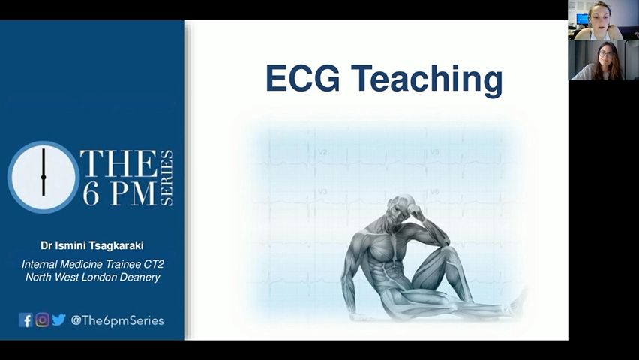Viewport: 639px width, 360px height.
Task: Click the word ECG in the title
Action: pyautogui.click(x=302, y=78)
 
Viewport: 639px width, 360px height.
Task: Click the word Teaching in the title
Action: pyautogui.click(x=427, y=80)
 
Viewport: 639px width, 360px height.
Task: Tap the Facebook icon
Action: pyautogui.click(x=25, y=320)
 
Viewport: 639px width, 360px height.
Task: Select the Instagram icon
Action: pyautogui.click(x=42, y=320)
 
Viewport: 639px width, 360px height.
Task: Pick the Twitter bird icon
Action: pyautogui.click(x=58, y=319)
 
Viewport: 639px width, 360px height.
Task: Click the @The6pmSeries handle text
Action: pyautogui.click(x=117, y=320)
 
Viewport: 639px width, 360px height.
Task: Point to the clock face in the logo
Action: pyautogui.click(x=43, y=177)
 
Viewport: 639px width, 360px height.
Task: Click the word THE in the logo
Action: pyautogui.click(x=118, y=164)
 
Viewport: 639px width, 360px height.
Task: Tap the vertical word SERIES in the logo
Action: pyautogui.click(x=167, y=178)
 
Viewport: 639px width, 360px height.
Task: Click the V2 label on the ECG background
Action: pyautogui.click(x=322, y=152)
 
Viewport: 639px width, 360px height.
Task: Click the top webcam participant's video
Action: pyautogui.click(x=604, y=20)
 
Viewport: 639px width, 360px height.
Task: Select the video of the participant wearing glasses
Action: pyautogui.click(x=604, y=60)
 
